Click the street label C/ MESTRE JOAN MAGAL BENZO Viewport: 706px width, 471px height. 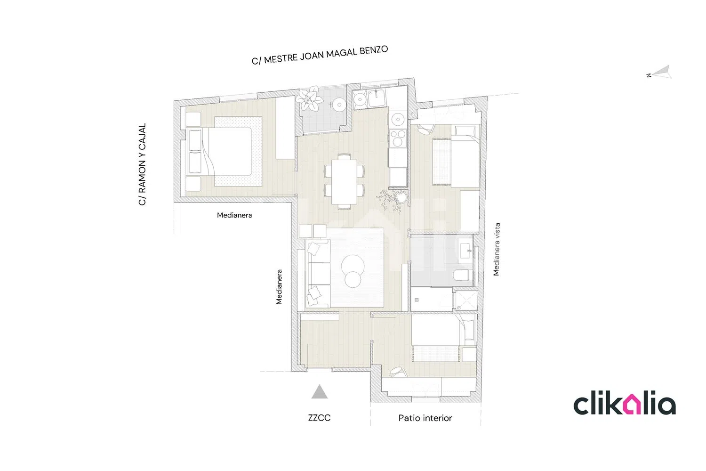tap(320, 55)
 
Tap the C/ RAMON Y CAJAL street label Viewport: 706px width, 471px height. tap(142, 164)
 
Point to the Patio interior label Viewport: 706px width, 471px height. tap(425, 418)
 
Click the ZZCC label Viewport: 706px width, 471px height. tap(319, 418)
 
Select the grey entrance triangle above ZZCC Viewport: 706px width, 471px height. tap(320, 392)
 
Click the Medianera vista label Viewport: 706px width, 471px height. tap(497, 249)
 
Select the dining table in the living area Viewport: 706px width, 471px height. tap(344, 182)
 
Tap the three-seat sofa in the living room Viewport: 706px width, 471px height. tap(318, 273)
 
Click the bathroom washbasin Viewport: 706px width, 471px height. tap(465, 251)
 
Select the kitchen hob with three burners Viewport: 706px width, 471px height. tap(398, 138)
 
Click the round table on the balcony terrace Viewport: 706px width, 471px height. tap(339, 105)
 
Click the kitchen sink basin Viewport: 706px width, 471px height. tap(377, 98)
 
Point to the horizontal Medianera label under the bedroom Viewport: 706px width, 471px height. tap(234, 215)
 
